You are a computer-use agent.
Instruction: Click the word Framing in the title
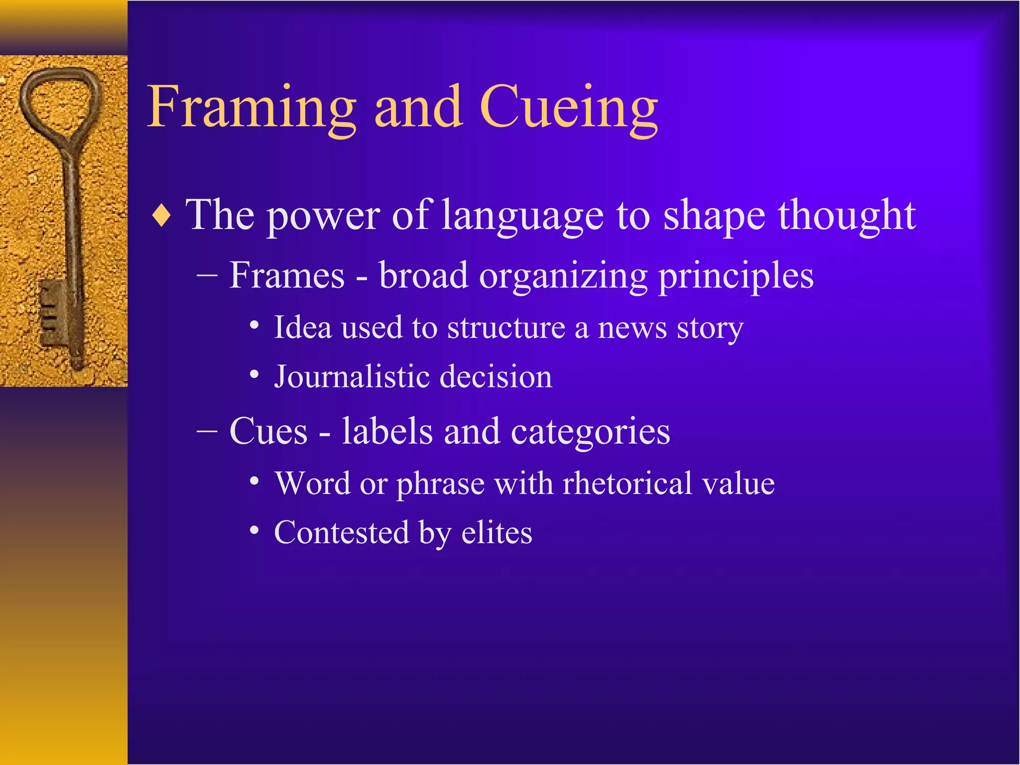pos(252,108)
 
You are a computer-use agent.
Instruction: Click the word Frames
pos(287,275)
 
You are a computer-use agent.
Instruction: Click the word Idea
pos(303,328)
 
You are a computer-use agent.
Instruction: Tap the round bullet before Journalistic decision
pos(255,374)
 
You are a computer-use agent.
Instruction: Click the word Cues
pos(268,431)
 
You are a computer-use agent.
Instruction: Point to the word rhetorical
pos(627,483)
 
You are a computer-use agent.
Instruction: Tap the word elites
pos(497,532)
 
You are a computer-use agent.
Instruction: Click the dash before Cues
pos(207,431)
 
